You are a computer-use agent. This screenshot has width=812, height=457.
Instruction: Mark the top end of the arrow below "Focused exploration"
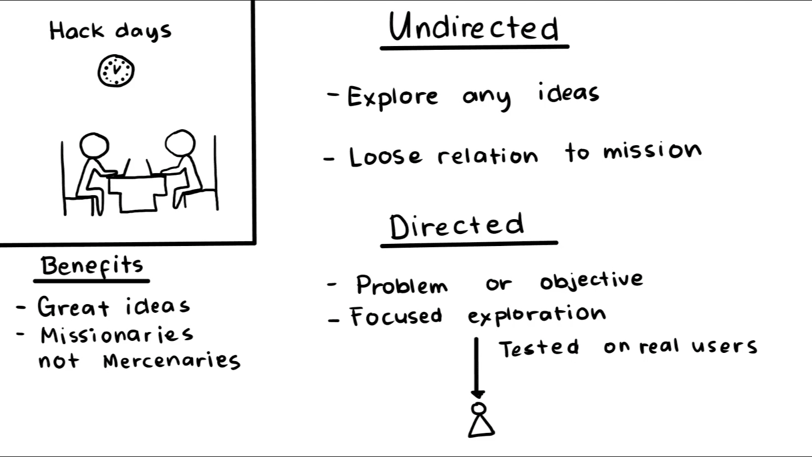coord(476,339)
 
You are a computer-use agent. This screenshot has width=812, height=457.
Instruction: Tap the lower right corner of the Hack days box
coord(255,244)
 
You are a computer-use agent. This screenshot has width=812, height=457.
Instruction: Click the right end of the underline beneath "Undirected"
coord(568,47)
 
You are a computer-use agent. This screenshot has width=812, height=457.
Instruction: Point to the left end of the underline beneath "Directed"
coord(381,246)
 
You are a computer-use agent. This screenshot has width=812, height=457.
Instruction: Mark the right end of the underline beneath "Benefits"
coord(149,281)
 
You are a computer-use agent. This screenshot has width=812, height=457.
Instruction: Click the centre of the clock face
coord(116,71)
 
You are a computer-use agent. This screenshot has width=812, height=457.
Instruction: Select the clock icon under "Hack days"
coord(116,71)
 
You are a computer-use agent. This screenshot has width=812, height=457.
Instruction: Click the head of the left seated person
coord(94,145)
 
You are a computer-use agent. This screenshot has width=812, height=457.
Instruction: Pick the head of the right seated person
coord(180,142)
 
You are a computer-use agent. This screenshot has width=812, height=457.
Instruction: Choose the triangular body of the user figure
coord(481,426)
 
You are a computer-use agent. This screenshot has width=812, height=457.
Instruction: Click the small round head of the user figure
coord(478,408)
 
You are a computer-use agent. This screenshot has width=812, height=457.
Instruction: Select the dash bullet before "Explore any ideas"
coord(333,95)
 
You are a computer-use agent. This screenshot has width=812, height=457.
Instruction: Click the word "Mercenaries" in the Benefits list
coord(172,361)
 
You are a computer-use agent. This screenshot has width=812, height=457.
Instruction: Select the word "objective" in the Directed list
coord(592,281)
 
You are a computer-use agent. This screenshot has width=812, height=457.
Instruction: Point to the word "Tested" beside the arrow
coord(539,349)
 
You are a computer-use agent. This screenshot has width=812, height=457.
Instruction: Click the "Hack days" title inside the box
coord(110,31)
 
